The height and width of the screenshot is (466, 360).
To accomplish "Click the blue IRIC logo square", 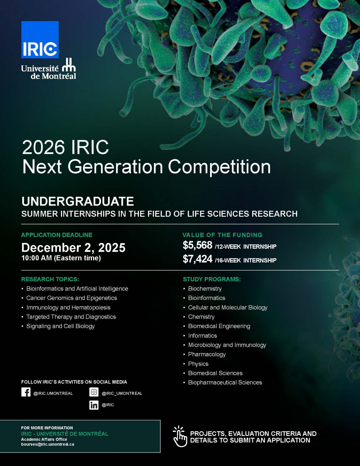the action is pyautogui.click(x=40, y=40).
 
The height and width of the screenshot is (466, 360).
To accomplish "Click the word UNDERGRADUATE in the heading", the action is pyautogui.click(x=78, y=201).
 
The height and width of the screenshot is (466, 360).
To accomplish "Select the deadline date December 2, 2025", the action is pyautogui.click(x=73, y=248).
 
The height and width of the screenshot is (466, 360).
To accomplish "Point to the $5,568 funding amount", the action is pyautogui.click(x=197, y=245).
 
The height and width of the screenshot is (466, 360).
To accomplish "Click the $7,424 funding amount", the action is pyautogui.click(x=197, y=259).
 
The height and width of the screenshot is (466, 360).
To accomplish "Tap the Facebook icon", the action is pyautogui.click(x=26, y=392).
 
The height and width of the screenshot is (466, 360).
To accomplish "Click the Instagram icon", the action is pyautogui.click(x=94, y=392).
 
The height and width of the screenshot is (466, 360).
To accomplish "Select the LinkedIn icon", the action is pyautogui.click(x=94, y=405).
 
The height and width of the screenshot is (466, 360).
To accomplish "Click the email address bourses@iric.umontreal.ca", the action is pyautogui.click(x=48, y=444).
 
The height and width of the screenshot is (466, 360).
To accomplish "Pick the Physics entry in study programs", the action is pyautogui.click(x=198, y=364).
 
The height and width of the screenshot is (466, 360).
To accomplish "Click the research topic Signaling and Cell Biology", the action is pyautogui.click(x=60, y=326).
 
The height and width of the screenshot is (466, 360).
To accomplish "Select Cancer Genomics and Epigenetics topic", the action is pyautogui.click(x=71, y=298).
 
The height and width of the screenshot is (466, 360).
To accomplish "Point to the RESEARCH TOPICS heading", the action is pyautogui.click(x=50, y=279).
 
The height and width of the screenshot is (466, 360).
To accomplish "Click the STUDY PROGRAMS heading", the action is pyautogui.click(x=212, y=279).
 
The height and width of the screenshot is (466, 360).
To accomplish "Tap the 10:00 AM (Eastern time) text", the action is pyautogui.click(x=61, y=258).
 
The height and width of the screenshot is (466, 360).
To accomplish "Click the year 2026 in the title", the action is pyautogui.click(x=43, y=147).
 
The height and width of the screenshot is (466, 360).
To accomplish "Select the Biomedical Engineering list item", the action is pyautogui.click(x=219, y=326).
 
